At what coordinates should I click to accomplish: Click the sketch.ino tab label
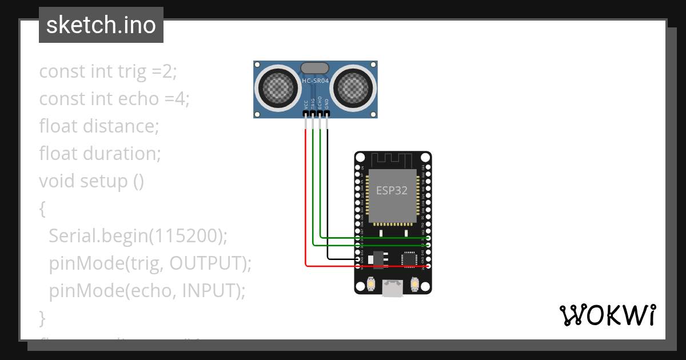coord(101,25)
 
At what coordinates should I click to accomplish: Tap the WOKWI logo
coord(607,315)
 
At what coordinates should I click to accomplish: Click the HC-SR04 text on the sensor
coord(315,82)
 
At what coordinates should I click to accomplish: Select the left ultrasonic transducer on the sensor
coord(278,88)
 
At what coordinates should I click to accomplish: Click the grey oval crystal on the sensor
coord(315,67)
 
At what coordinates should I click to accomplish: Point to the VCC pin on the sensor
coord(306,113)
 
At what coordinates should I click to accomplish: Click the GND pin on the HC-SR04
coord(328,113)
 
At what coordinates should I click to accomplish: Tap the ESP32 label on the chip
coord(392,190)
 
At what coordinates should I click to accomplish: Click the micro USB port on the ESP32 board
coord(393,289)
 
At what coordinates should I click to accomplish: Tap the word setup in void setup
coord(104,181)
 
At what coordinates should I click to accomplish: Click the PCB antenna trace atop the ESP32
coord(392,159)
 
